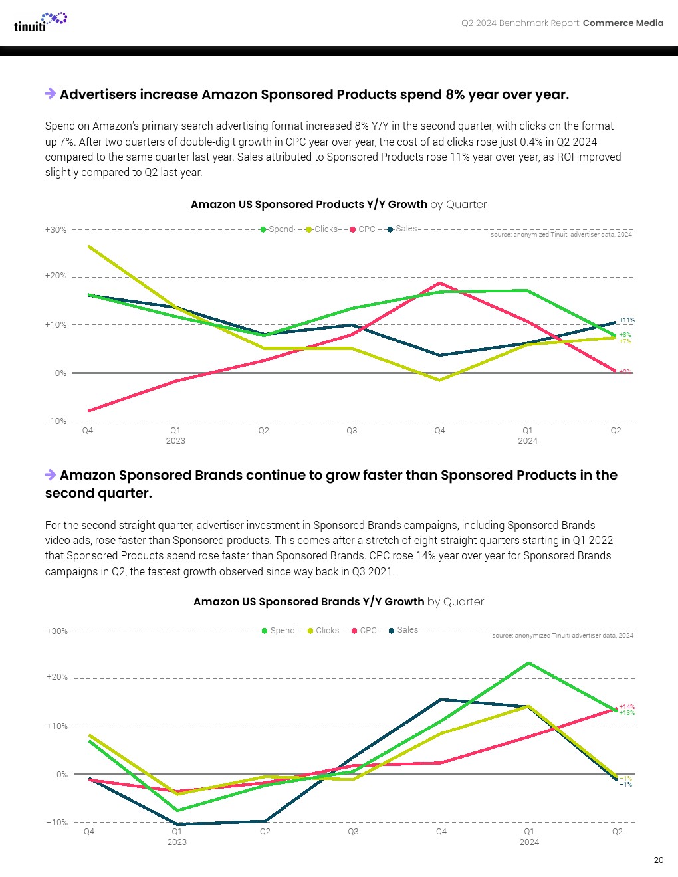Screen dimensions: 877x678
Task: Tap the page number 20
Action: pyautogui.click(x=658, y=860)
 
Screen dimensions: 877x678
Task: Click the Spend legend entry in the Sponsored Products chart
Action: pyautogui.click(x=277, y=229)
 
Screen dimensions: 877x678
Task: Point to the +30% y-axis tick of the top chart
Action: pyautogui.click(x=56, y=230)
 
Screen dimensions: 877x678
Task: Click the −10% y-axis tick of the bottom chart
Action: pyautogui.click(x=56, y=823)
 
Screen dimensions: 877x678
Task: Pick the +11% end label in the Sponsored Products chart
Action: pyautogui.click(x=626, y=320)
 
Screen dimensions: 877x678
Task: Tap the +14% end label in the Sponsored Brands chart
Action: pyautogui.click(x=626, y=707)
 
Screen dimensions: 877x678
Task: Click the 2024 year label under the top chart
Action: pyautogui.click(x=528, y=441)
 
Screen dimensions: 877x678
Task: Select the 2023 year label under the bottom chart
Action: pyautogui.click(x=177, y=842)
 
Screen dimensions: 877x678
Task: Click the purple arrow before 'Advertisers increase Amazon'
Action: pyautogui.click(x=51, y=94)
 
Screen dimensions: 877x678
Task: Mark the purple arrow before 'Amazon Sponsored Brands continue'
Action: pyautogui.click(x=51, y=474)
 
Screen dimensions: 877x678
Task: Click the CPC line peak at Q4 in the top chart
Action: pyautogui.click(x=439, y=283)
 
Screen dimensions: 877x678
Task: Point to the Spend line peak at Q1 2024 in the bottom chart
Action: pyautogui.click(x=528, y=663)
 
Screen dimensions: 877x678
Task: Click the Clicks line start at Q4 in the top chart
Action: pyautogui.click(x=89, y=246)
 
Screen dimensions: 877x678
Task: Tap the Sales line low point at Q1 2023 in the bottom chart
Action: pyautogui.click(x=177, y=824)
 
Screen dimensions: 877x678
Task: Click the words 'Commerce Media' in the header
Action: pyautogui.click(x=623, y=23)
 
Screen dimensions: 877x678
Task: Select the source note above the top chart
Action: pyautogui.click(x=561, y=235)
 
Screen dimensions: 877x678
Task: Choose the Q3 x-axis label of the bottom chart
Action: pyautogui.click(x=353, y=832)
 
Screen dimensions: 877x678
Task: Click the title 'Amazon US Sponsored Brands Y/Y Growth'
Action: pyautogui.click(x=308, y=602)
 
